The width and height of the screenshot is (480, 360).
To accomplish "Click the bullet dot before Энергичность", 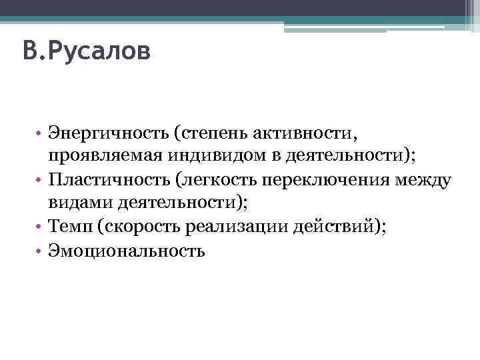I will (40, 137).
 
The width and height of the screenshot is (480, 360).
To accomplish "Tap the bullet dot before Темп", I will (40, 228).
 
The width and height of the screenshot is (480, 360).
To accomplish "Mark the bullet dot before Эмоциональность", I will (40, 251).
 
